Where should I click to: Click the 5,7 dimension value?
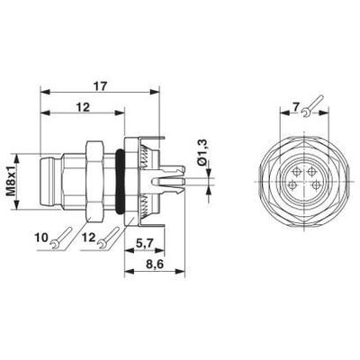point(143,244)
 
